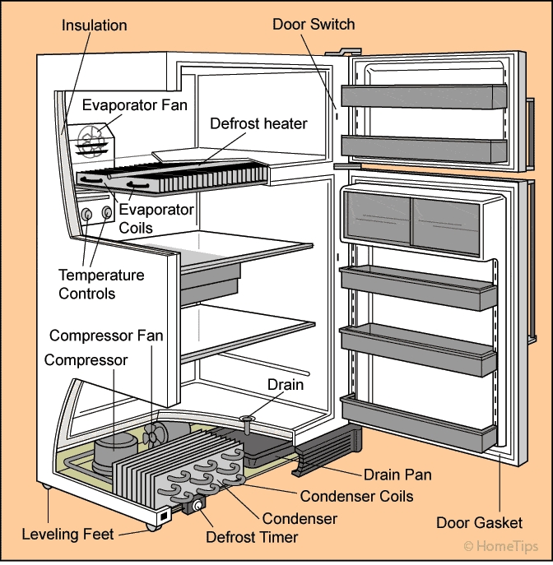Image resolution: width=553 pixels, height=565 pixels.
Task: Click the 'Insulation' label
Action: click(95, 25)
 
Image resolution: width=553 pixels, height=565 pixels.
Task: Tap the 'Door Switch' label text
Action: click(314, 24)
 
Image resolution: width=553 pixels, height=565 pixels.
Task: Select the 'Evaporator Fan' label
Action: click(135, 105)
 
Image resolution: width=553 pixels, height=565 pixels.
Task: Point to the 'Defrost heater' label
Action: click(258, 124)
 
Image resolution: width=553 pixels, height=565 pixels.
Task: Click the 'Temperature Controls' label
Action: click(101, 284)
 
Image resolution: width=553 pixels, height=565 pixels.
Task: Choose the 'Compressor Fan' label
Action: click(106, 336)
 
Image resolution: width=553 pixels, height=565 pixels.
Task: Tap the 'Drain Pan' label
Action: click(397, 475)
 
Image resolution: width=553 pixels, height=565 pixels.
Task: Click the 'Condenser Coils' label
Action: click(356, 496)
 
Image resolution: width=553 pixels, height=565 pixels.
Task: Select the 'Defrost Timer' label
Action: click(252, 538)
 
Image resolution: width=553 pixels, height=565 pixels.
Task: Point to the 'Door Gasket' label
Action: click(480, 523)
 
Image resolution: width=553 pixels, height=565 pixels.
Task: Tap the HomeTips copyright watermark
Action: click(501, 546)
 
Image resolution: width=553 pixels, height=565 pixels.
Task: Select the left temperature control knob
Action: click(87, 215)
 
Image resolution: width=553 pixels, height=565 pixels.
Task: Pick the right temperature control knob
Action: click(106, 214)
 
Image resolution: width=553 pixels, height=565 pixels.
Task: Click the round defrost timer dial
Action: click(197, 506)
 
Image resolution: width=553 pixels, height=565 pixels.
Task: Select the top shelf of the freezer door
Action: click(421, 95)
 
